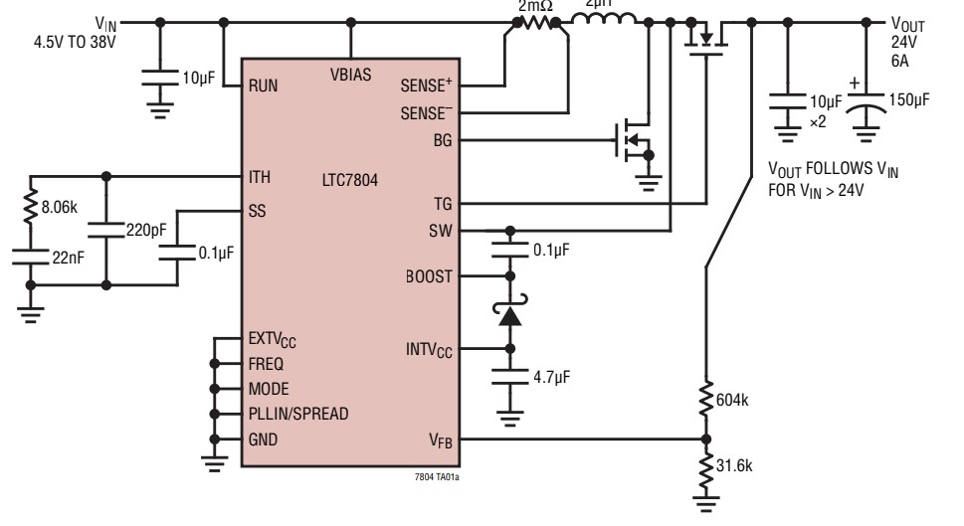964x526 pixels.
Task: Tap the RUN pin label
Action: (x=265, y=87)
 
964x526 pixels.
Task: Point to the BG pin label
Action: (x=442, y=140)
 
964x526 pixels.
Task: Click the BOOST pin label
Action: (x=430, y=277)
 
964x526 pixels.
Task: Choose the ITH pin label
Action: (x=261, y=178)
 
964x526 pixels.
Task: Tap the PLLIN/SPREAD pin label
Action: (x=298, y=414)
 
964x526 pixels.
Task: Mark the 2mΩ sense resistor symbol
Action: (x=536, y=22)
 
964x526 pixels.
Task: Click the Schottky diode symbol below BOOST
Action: (x=511, y=315)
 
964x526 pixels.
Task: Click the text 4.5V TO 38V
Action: (x=74, y=42)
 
